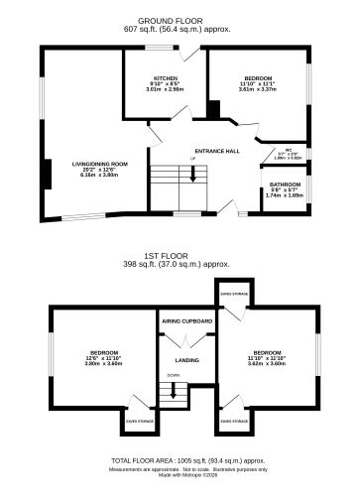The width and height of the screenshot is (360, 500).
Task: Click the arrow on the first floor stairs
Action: click(174, 392)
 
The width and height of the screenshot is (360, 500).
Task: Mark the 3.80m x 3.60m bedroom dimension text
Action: click(102, 363)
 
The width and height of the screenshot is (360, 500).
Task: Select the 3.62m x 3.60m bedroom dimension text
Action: click(266, 363)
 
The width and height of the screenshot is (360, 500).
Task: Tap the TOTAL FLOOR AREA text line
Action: click(186, 460)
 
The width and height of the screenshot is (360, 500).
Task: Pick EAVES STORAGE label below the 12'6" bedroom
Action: click(137, 421)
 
